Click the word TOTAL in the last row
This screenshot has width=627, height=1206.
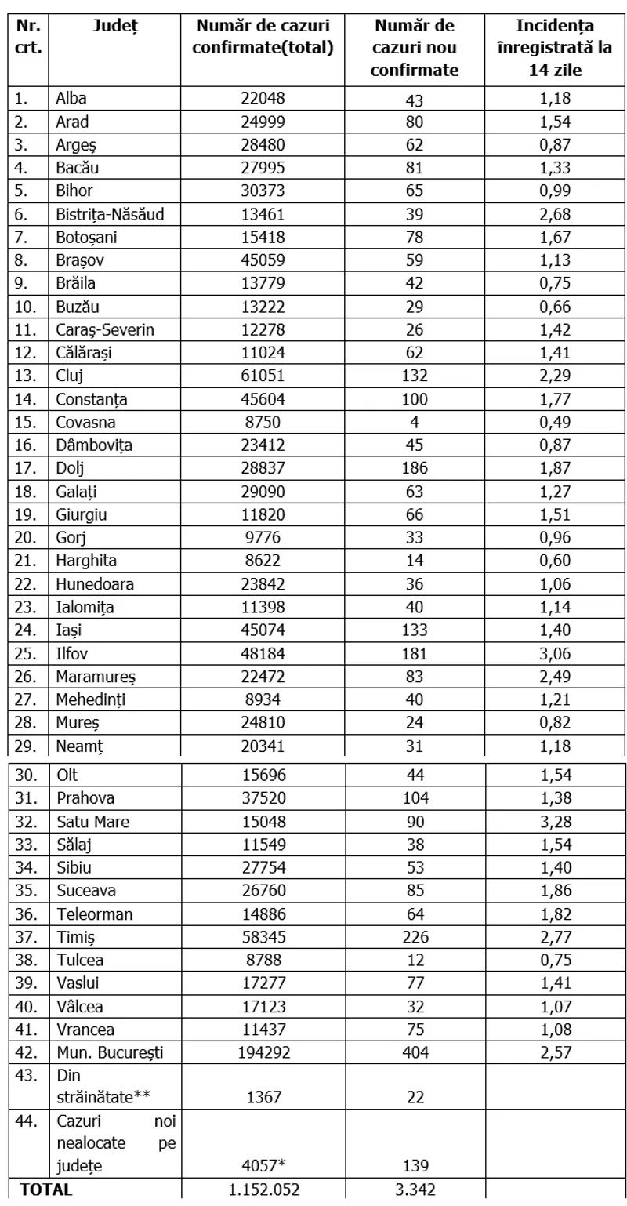pyautogui.click(x=46, y=1189)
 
